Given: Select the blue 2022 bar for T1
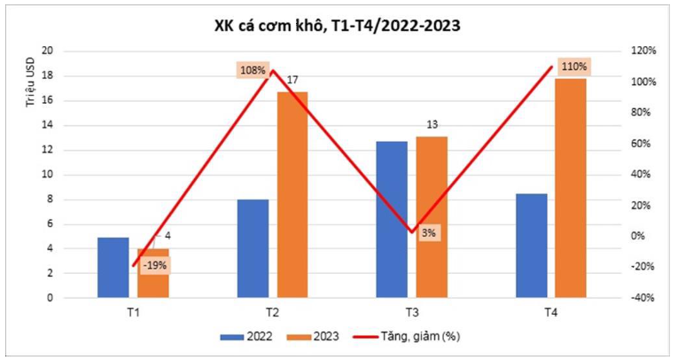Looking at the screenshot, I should [113, 267].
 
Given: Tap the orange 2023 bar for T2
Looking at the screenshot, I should [293, 194].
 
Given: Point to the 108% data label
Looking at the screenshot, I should [253, 69].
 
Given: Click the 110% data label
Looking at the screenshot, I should [573, 67].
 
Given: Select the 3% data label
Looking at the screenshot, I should [429, 233].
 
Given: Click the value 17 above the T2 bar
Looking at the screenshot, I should [293, 81].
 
